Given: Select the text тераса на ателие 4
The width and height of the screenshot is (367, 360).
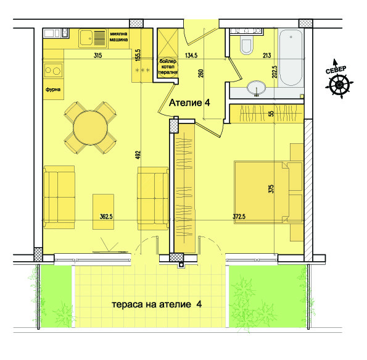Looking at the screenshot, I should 157,304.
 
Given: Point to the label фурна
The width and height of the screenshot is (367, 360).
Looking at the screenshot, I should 52,89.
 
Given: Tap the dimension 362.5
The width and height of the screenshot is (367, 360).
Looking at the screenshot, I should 109,217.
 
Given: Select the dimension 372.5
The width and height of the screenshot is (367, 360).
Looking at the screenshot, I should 243,217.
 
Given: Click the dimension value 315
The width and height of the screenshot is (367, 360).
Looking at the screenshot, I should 97,56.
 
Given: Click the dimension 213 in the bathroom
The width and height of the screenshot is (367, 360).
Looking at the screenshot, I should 266,56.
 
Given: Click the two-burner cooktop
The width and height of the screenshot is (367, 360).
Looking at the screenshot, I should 53,71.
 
